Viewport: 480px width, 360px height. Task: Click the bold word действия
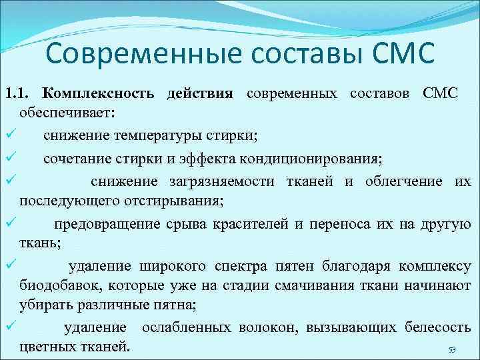coord(199,93)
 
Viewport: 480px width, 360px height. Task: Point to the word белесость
coord(441,328)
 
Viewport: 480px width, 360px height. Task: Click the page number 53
coord(451,350)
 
